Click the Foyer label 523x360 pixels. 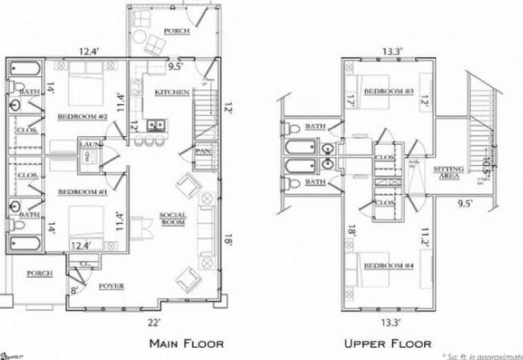(110, 285)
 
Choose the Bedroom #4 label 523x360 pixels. (385, 267)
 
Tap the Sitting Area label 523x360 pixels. (447, 172)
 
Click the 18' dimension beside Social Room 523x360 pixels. (229, 239)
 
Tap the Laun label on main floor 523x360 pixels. (89, 143)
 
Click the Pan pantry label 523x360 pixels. (202, 151)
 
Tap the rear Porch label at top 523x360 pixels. (175, 31)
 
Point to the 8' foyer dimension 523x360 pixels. (75, 291)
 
